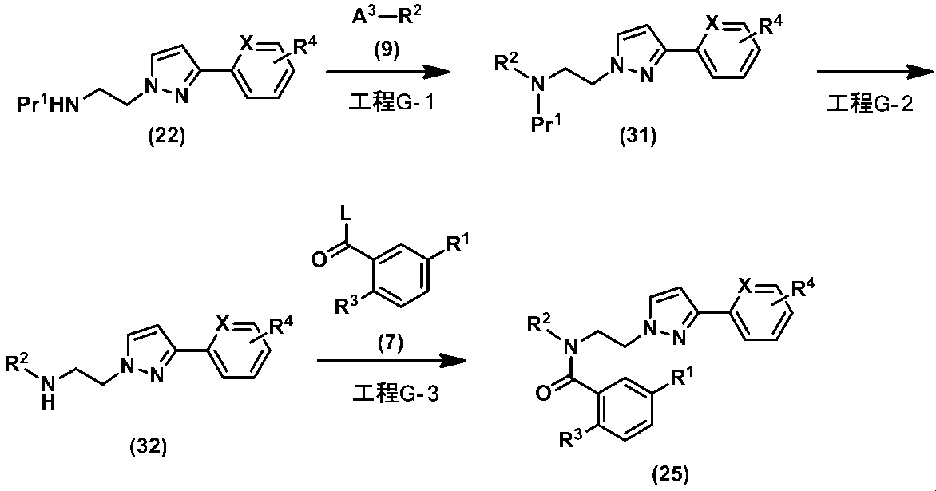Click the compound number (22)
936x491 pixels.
coord(167,137)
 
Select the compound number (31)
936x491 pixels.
coord(637,137)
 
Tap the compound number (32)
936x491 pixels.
coord(148,446)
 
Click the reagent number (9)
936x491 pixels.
coord(387,50)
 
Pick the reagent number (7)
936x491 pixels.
coord(391,343)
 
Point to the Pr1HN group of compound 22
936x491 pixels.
coord(49,105)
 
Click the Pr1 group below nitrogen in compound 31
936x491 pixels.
coord(545,123)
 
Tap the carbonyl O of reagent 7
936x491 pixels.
coord(318,259)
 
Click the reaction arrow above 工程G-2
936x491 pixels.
coord(875,73)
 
